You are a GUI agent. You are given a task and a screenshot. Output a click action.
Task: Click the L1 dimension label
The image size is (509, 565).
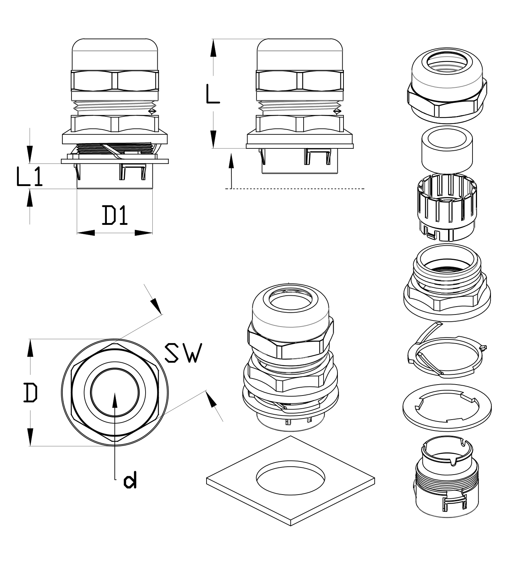(30, 177)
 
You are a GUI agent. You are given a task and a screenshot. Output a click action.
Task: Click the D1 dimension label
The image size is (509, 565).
(115, 215)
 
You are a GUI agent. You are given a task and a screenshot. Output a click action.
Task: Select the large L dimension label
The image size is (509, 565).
(213, 94)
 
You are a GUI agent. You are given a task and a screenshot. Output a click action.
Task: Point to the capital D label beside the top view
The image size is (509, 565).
(30, 393)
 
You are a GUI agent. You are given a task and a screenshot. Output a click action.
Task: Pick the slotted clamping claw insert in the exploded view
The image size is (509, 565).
(447, 207)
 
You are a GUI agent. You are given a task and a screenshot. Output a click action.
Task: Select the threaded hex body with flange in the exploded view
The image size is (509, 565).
(447, 283)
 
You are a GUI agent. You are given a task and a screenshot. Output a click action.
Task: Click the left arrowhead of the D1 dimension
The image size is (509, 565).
(86, 233)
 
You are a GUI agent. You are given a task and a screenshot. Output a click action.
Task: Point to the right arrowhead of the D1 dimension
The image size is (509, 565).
(143, 233)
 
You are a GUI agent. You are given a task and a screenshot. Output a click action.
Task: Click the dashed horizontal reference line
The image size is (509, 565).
(295, 188)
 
